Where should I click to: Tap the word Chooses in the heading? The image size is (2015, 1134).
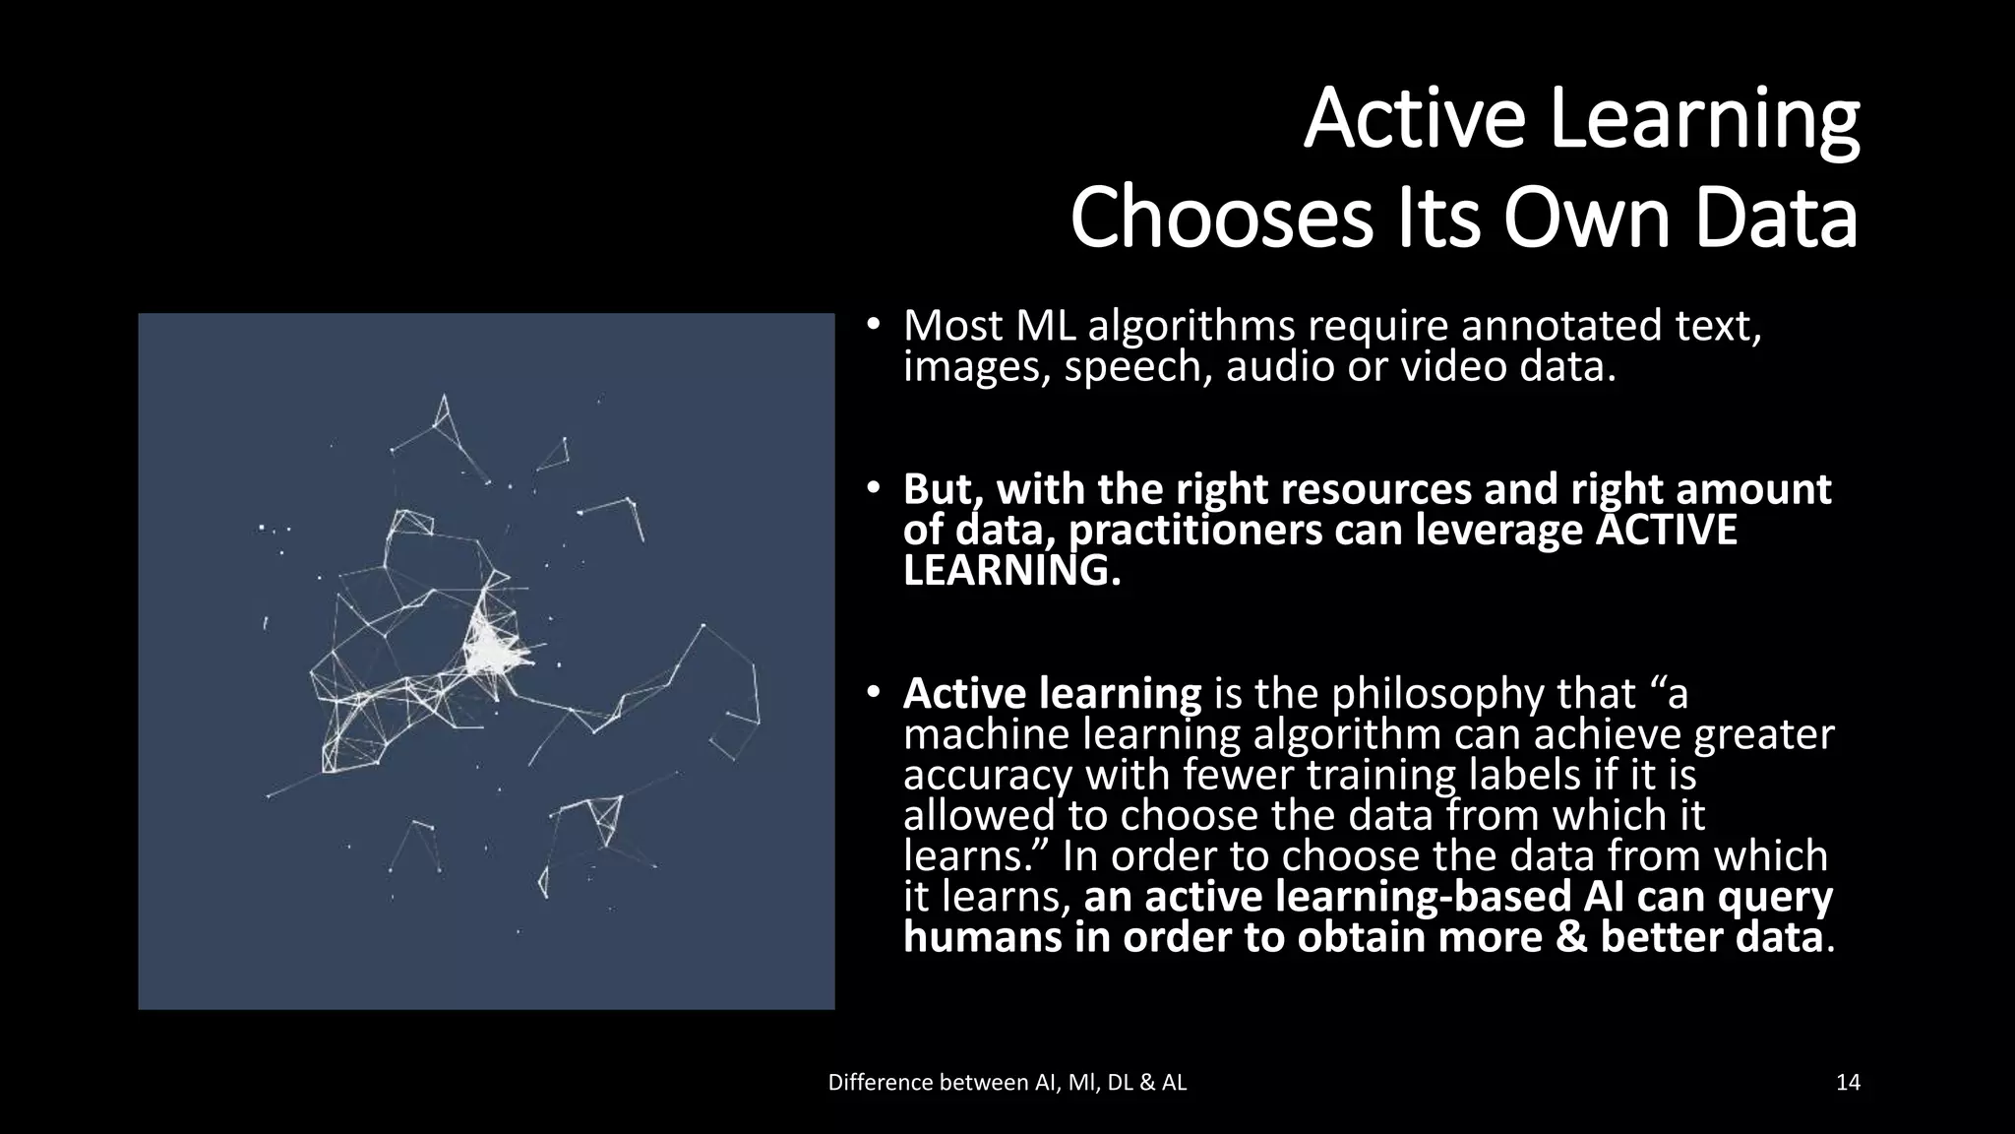(x=1221, y=220)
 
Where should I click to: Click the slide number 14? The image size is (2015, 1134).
(x=1848, y=1083)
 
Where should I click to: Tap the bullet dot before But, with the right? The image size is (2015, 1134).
(x=872, y=489)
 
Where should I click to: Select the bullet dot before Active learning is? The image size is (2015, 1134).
(x=872, y=694)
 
